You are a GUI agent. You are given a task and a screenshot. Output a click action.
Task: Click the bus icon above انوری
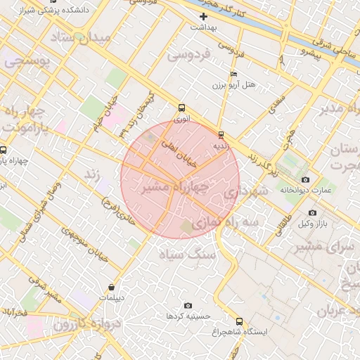[x=182, y=108]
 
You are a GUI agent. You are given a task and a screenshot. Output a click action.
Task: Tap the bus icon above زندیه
[x=221, y=134]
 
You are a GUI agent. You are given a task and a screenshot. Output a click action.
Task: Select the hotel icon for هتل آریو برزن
[x=234, y=74]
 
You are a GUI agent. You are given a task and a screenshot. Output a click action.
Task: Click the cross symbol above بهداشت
[x=204, y=16]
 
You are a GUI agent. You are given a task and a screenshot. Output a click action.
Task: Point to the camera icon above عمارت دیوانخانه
[x=304, y=178]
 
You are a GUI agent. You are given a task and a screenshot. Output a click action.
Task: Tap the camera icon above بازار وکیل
[x=312, y=212]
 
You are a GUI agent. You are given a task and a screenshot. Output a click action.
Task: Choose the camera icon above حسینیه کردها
[x=188, y=305]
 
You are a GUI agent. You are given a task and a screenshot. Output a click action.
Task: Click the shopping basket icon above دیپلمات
[x=112, y=287]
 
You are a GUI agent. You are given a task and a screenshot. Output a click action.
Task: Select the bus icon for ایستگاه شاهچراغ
[x=239, y=321]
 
